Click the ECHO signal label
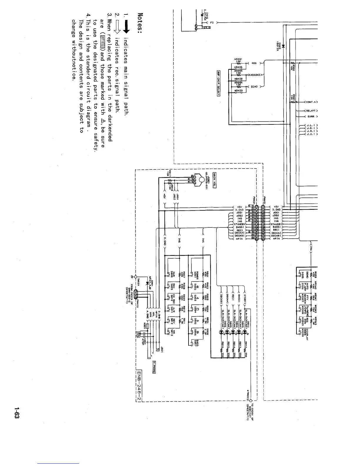pyautogui.click(x=254, y=87)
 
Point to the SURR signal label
pyautogui.click(x=311, y=116)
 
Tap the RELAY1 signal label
pyautogui.click(x=311, y=111)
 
